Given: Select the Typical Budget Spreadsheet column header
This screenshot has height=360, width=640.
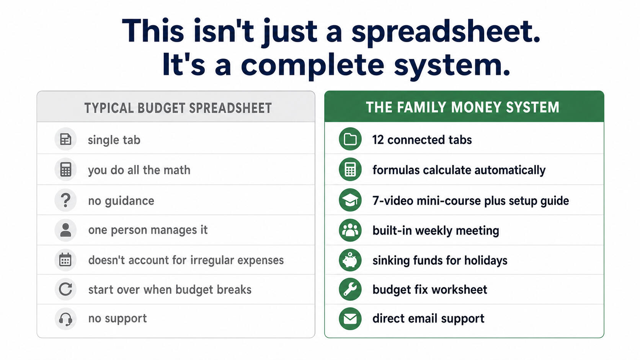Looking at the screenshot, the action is (x=178, y=108).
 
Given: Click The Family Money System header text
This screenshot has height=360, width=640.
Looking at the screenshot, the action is (x=462, y=108).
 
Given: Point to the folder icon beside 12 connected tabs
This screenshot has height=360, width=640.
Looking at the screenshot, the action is (x=350, y=139).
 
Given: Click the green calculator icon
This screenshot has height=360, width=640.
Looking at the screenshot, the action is (x=350, y=169).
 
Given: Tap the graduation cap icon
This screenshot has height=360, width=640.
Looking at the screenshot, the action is (x=350, y=200).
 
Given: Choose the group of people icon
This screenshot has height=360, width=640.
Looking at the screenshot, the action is (x=350, y=230).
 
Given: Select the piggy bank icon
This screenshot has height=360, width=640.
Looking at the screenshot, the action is (x=350, y=260).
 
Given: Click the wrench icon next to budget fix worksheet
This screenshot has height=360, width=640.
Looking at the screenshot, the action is (x=350, y=289).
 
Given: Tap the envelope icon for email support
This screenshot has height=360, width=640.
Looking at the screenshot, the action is (x=350, y=319).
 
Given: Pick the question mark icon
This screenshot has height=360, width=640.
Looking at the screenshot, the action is (x=66, y=200).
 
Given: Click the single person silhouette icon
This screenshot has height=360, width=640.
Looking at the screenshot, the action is (x=66, y=230).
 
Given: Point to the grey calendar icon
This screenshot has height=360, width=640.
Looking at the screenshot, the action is (x=65, y=260).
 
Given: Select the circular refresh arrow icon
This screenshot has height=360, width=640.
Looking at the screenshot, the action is (x=65, y=289).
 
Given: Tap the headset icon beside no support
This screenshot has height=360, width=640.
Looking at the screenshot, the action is (x=65, y=319).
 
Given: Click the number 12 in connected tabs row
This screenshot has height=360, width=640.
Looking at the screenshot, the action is (x=378, y=140).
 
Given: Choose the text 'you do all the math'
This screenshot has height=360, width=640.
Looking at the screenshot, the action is (x=139, y=170).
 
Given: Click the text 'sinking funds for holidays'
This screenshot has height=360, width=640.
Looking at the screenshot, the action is (x=440, y=261).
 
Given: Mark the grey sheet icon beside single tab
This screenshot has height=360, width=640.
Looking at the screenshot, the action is (x=66, y=139).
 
